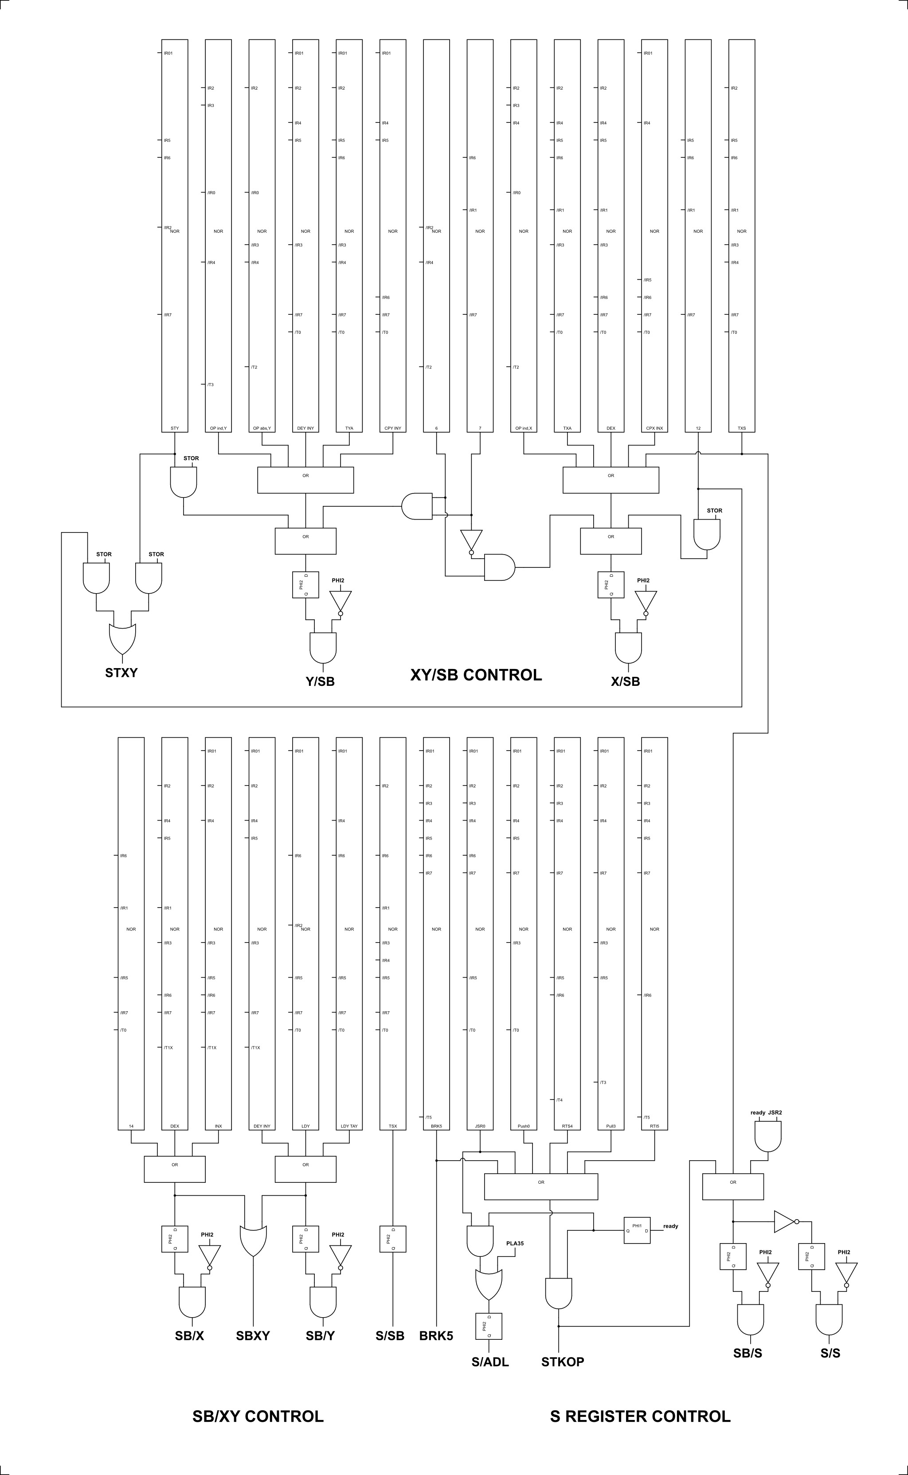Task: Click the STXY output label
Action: tap(121, 673)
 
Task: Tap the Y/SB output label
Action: tap(320, 681)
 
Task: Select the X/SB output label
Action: tap(625, 681)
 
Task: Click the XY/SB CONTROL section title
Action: tap(476, 675)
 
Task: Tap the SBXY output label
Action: tap(253, 1336)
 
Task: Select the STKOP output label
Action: tap(562, 1362)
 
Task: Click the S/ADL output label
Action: tap(490, 1362)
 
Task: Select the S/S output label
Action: tap(830, 1353)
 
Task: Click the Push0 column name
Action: tap(524, 1126)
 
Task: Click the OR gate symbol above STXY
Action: tap(122, 639)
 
